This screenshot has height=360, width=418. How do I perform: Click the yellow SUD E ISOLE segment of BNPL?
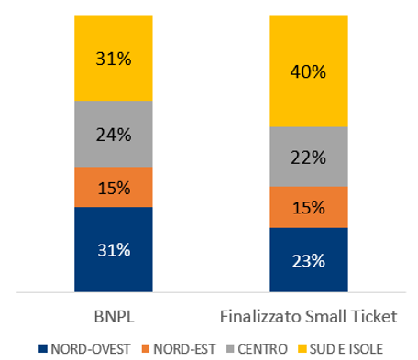[113, 78]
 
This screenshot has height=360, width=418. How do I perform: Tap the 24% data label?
[113, 135]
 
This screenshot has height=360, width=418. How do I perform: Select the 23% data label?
[308, 260]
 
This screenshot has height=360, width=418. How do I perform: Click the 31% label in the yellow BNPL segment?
[113, 59]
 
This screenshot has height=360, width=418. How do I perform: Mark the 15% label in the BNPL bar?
[113, 187]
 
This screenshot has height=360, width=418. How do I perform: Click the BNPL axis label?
[113, 317]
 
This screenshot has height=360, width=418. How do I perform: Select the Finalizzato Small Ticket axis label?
[308, 317]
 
